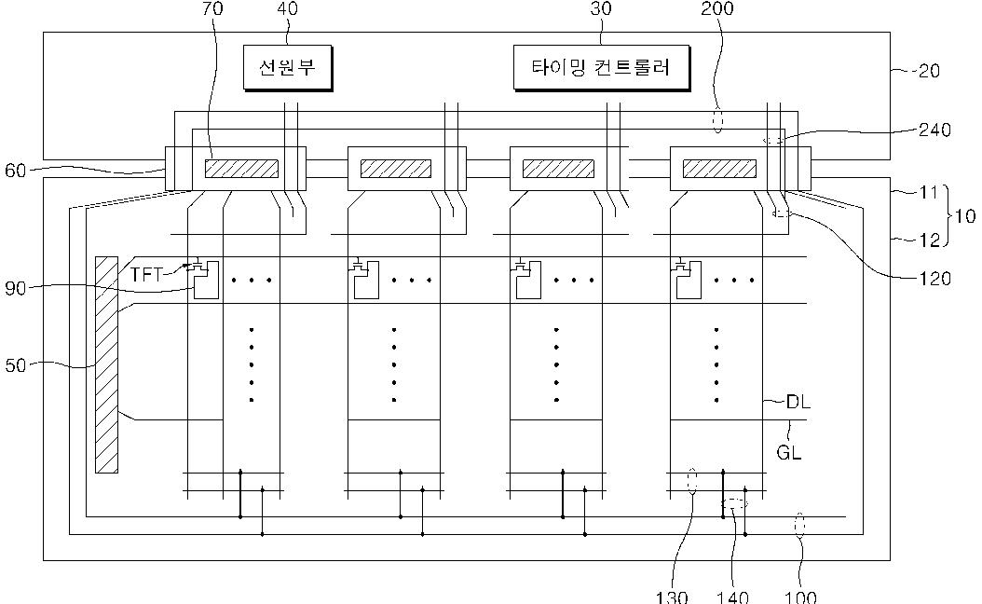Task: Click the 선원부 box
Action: [x=288, y=67]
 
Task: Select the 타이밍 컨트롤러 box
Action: [x=601, y=67]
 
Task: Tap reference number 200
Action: [x=717, y=9]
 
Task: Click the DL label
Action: [x=798, y=403]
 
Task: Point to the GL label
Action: [x=789, y=455]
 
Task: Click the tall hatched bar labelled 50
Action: [x=106, y=364]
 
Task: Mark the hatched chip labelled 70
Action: [x=241, y=169]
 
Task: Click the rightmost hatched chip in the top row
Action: [x=719, y=169]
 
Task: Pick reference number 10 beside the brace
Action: [x=966, y=216]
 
